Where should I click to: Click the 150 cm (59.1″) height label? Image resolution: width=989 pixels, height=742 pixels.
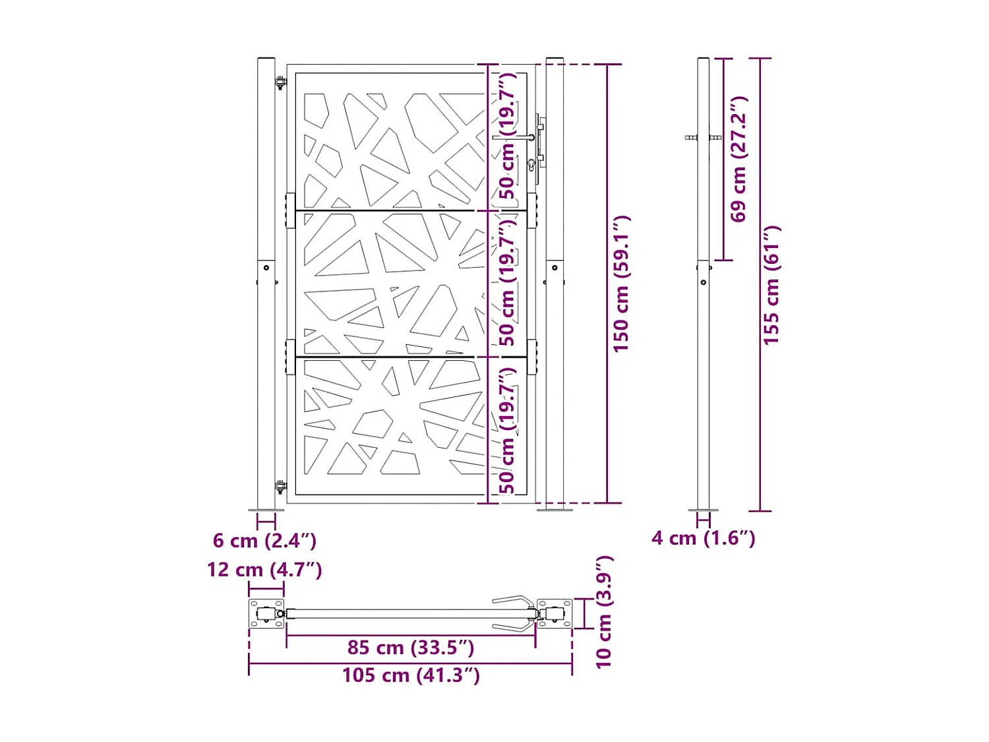(621, 284)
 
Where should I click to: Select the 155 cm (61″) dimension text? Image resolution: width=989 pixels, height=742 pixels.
(771, 285)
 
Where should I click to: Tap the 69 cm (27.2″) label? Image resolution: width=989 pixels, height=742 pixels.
(739, 159)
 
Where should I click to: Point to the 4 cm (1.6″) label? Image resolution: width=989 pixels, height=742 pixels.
(703, 538)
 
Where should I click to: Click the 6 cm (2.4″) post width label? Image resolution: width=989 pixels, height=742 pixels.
(264, 541)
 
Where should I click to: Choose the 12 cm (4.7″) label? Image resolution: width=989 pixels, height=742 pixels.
(264, 570)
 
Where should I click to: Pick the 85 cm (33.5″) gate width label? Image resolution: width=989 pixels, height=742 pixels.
(411, 648)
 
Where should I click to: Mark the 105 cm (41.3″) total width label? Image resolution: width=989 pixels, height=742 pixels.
(411, 675)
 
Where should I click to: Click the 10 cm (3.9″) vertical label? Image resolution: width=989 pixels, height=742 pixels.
(604, 612)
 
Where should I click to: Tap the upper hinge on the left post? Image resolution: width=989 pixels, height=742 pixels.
(281, 83)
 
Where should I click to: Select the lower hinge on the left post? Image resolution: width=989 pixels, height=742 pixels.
(281, 487)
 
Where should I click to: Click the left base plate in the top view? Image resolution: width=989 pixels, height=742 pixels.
(266, 614)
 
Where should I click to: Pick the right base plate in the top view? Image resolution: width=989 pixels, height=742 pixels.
(554, 614)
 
